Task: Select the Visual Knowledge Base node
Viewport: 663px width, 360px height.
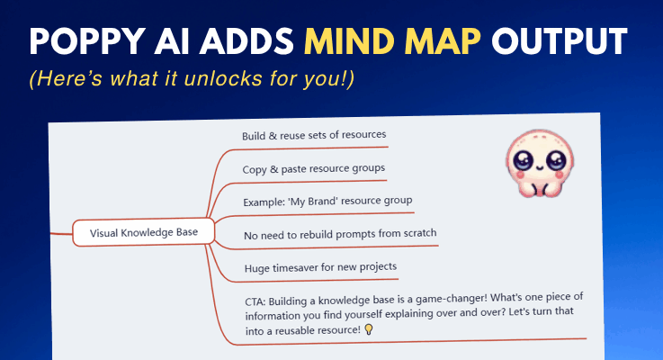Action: point(144,232)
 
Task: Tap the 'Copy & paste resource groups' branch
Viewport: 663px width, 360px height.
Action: point(314,169)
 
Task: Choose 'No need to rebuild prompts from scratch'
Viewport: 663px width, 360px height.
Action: point(340,235)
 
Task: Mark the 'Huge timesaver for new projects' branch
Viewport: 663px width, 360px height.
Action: point(319,267)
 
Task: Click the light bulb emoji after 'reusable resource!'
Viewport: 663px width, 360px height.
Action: point(369,330)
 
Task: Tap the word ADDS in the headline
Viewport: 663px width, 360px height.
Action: point(253,41)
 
